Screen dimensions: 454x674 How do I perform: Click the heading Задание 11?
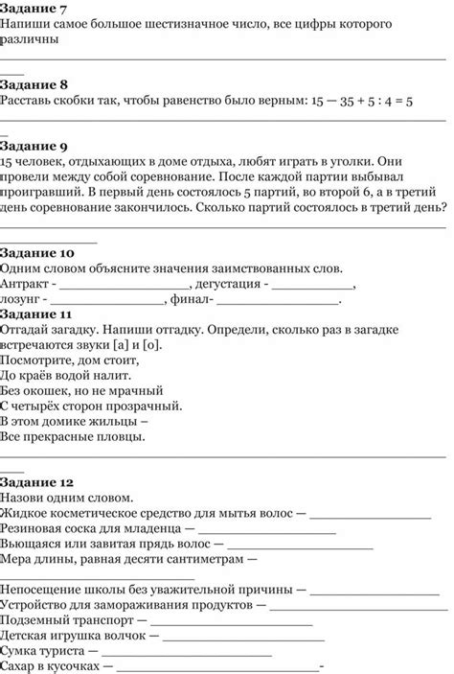[x=37, y=314]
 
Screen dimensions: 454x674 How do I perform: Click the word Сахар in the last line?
[x=19, y=666]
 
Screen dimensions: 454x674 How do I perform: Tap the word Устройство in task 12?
[x=37, y=607]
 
